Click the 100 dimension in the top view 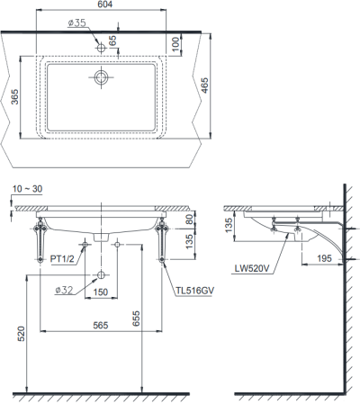[x=176, y=42]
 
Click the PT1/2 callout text [x=63, y=260]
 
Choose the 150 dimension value [x=101, y=292]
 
